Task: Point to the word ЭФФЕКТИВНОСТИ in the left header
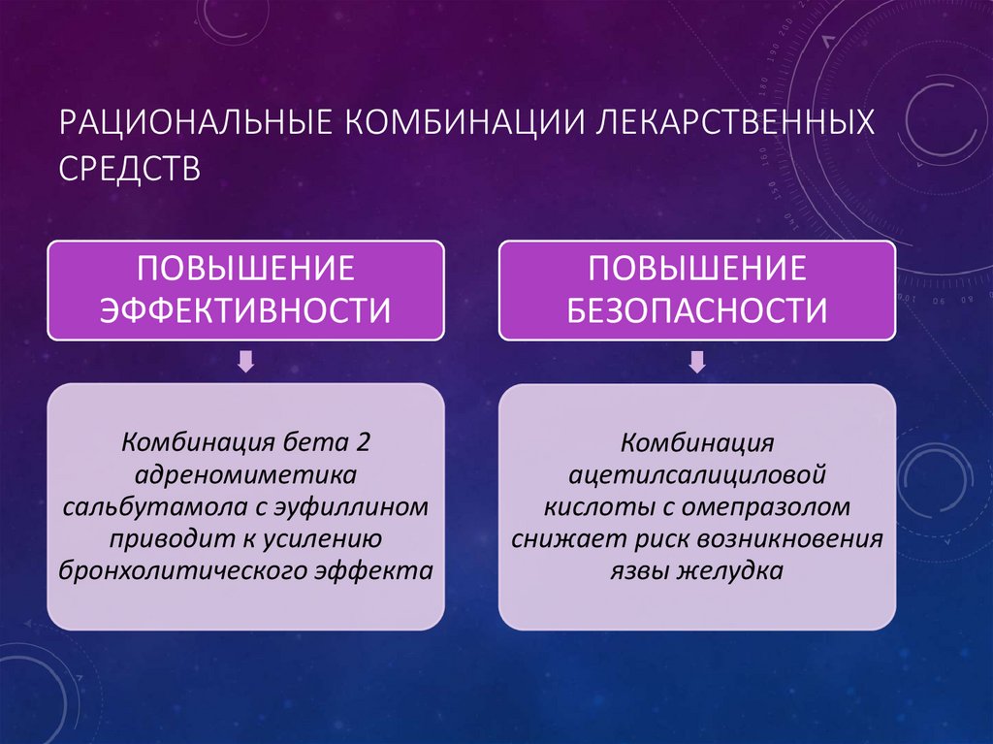246,310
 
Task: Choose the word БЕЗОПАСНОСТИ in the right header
697,310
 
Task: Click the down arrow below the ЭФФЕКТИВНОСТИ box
246,362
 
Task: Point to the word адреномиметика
246,474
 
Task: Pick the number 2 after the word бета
363,442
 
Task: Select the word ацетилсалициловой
697,474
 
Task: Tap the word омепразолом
768,506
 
